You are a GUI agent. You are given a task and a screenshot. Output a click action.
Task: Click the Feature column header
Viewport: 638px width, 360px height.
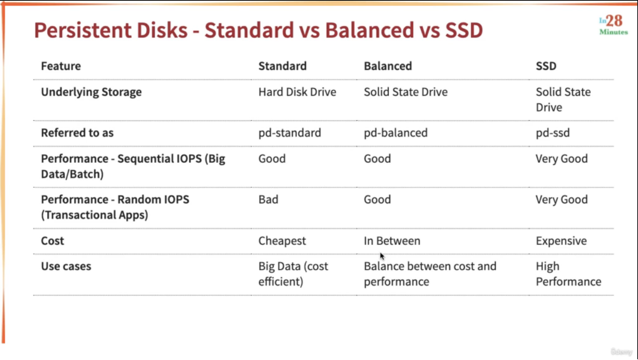61,66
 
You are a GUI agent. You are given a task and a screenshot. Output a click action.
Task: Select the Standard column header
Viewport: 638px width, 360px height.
283,66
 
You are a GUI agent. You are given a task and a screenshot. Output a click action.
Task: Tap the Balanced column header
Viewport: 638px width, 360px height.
388,66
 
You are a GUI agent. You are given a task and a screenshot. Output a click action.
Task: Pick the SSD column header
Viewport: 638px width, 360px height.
546,66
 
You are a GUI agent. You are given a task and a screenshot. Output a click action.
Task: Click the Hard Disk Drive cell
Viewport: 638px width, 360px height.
297,92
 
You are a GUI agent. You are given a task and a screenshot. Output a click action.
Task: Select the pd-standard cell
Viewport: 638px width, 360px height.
290,133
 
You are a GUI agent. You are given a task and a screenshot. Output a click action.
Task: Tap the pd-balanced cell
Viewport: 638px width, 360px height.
395,133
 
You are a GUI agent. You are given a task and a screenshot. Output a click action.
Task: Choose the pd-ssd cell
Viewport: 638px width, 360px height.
553,133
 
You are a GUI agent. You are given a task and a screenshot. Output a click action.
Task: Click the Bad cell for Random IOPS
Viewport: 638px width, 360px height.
268,199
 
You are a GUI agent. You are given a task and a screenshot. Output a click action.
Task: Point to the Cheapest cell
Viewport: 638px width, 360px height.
282,241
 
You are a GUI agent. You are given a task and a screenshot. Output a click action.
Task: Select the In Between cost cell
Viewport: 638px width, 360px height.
392,241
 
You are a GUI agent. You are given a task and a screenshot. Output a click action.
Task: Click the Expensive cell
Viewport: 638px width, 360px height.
561,241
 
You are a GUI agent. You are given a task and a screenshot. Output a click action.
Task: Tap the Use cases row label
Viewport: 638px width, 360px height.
66,266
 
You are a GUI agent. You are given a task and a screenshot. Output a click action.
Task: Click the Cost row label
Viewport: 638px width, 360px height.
52,241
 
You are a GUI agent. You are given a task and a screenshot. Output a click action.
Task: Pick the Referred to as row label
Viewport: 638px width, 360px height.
77,133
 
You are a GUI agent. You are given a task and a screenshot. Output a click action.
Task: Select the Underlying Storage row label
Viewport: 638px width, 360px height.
91,92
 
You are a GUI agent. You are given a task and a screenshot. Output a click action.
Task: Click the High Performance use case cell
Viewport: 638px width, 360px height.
569,274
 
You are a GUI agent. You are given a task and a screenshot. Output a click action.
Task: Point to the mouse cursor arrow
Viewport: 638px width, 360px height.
382,256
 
